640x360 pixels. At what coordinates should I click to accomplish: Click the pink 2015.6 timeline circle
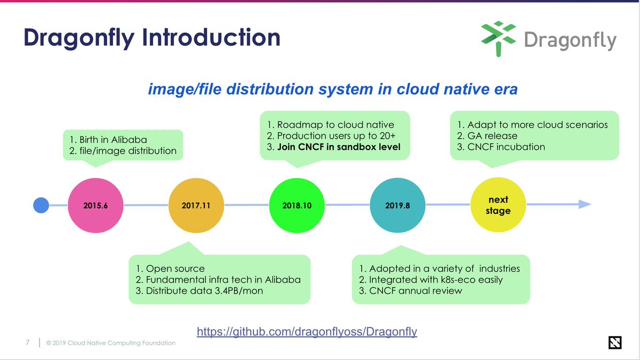tap(95, 205)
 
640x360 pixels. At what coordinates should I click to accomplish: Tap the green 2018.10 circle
tap(297, 205)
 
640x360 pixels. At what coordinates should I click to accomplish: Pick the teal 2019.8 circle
tap(397, 205)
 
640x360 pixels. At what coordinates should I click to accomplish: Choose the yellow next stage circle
tap(498, 205)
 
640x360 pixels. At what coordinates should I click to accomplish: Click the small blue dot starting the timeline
tap(41, 205)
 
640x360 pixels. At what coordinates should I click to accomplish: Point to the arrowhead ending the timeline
tap(585, 204)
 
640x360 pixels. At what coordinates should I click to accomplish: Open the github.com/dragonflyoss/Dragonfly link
tap(307, 332)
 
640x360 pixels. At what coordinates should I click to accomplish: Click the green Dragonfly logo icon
tap(498, 38)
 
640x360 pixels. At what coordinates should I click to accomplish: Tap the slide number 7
tap(27, 342)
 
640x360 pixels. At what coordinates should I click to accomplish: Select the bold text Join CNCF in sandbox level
tap(338, 147)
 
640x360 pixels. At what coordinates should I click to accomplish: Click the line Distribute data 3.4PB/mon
tap(204, 291)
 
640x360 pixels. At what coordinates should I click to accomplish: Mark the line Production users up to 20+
tap(329, 135)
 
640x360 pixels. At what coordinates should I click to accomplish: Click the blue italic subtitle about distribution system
tap(332, 89)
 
